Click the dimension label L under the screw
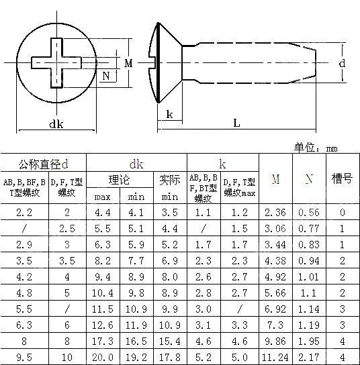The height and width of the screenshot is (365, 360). [x=237, y=123]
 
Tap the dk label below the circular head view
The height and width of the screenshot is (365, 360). [x=56, y=123]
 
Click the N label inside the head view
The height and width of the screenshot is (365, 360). [x=105, y=76]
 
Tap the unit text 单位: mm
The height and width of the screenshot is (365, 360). [x=316, y=148]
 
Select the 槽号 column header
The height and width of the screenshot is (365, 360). [x=342, y=179]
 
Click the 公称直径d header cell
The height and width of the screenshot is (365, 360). [x=44, y=164]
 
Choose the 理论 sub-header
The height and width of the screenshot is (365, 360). [x=120, y=180]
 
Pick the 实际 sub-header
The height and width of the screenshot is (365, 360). [x=169, y=180]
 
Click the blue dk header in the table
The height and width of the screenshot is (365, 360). [x=136, y=164]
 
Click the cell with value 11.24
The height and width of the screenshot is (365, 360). [x=275, y=357]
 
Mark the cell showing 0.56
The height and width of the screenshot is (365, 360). [x=308, y=213]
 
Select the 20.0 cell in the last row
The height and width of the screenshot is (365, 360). [x=103, y=357]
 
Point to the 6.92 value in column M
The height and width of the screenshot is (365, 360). [x=275, y=309]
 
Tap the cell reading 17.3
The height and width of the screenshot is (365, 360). [x=103, y=341]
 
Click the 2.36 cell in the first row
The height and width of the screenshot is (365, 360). [x=275, y=213]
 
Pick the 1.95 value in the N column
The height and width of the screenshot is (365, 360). [x=308, y=341]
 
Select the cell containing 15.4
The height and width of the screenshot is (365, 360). [x=169, y=341]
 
